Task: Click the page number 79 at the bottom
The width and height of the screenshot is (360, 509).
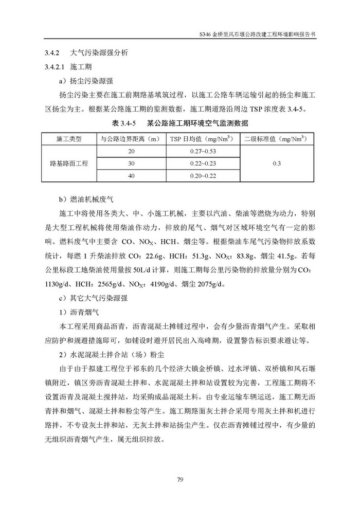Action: tap(180, 480)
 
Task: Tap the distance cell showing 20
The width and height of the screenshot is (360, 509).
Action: tap(131, 151)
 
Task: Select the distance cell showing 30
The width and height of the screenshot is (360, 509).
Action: tap(131, 163)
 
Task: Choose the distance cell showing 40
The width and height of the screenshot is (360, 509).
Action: tap(131, 176)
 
